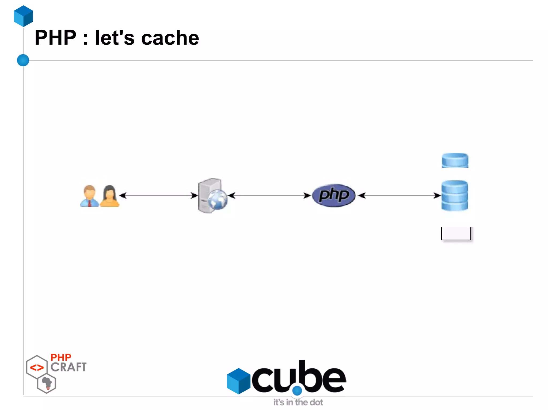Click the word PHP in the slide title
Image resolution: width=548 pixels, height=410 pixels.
(56, 38)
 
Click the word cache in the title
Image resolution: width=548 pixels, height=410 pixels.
(170, 38)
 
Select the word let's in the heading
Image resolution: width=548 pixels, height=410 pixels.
(115, 38)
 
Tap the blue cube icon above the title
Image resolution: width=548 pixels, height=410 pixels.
(24, 16)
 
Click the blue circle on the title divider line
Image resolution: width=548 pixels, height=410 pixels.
(23, 60)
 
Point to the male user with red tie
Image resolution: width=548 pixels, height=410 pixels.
(89, 196)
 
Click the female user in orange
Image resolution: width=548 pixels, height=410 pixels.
(109, 196)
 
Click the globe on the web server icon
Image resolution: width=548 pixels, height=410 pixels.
(218, 200)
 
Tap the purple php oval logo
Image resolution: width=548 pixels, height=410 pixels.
(334, 195)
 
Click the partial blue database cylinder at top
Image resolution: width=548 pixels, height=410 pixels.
(455, 160)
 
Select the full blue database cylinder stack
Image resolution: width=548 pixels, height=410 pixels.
(455, 196)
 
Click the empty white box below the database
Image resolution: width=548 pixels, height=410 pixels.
(456, 233)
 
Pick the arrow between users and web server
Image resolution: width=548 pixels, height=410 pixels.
(158, 196)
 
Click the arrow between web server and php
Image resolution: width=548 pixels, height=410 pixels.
(269, 196)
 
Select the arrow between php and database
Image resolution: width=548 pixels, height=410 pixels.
(399, 196)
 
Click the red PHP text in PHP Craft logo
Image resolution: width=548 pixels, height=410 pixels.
(61, 357)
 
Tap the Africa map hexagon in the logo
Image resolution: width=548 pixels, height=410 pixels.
(47, 384)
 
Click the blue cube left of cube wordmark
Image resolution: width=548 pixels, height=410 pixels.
(238, 381)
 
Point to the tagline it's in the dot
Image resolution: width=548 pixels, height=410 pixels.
(298, 402)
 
